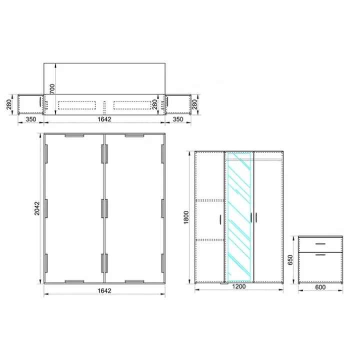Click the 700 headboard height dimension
tap(52, 89)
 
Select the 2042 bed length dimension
tap(37, 208)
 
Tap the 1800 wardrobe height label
tap(186, 217)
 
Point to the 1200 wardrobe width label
tap(239, 286)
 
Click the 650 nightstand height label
tap(290, 259)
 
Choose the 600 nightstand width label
tap(320, 287)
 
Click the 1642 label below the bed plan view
tap(104, 291)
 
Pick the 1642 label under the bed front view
tap(104, 119)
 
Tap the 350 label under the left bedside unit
tap(31, 119)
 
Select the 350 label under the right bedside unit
tap(178, 119)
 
